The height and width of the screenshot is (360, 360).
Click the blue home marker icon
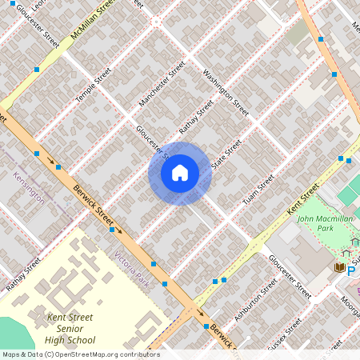tap(180, 173)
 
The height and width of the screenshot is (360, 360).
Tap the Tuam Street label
tap(259, 188)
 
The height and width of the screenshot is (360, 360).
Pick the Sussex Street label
tap(284, 332)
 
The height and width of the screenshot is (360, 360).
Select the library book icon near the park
tap(338, 266)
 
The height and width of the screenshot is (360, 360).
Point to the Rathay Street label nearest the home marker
tap(196, 118)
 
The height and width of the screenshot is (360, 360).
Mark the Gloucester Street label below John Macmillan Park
tap(290, 278)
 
